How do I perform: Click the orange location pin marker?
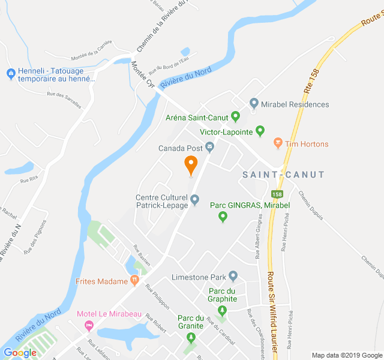191,164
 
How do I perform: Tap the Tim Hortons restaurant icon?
277,143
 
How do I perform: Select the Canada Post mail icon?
209,146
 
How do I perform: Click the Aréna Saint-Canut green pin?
235,116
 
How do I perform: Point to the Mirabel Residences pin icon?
254,104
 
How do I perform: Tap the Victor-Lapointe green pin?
260,130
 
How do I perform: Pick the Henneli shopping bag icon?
10,73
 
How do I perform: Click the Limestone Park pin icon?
233,276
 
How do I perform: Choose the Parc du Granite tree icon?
191,337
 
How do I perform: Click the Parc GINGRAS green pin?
223,217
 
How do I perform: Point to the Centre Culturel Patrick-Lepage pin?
194,199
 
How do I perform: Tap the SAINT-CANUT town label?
283,175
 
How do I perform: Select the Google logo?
20,352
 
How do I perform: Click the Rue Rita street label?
29,179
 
